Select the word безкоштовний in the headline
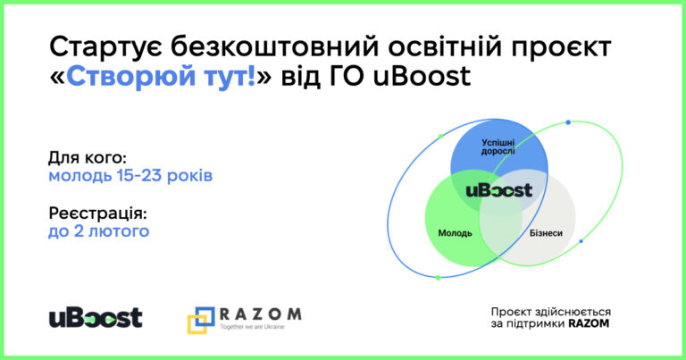pos(275,46)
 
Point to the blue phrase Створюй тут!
pos(161,76)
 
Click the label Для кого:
pos(87,158)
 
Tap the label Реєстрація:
pos(98,213)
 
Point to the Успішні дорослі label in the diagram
pos(498,147)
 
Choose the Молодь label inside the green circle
pos(455,233)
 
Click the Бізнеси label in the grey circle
pos(546,233)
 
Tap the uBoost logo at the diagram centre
pos(498,190)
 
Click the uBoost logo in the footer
pos(96,318)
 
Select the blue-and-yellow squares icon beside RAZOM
pos(201,320)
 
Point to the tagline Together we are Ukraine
pos(252,327)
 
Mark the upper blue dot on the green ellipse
pos(568,122)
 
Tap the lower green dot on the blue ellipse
pos(438,277)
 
